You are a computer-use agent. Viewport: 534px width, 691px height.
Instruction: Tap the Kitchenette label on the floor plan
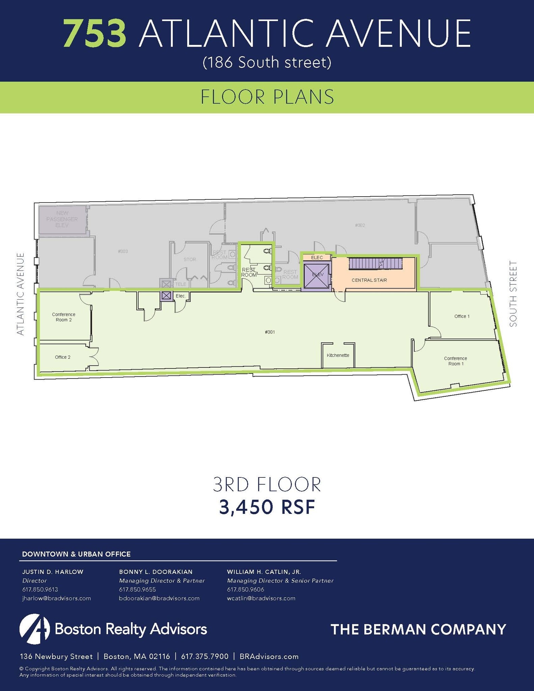tap(338, 355)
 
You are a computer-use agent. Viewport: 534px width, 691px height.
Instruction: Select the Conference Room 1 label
tap(455, 361)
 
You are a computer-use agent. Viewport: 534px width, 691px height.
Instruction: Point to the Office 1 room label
tap(462, 316)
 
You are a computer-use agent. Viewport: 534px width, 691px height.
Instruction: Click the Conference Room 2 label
tap(63, 317)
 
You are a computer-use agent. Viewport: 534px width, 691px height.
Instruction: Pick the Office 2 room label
tap(62, 357)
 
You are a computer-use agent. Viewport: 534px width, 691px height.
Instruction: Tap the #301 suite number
tap(270, 332)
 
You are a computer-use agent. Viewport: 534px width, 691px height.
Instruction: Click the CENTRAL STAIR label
tap(369, 280)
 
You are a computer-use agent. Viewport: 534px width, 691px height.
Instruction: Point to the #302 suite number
tap(360, 225)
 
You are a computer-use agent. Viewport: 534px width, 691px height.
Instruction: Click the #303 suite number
tap(123, 251)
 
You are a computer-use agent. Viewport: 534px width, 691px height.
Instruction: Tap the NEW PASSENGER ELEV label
tap(62, 219)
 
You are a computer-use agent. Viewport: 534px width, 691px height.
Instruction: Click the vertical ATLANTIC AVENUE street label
tap(21, 294)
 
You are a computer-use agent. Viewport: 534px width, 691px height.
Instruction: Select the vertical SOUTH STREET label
tap(513, 294)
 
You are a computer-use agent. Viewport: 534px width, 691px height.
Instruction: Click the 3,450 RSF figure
tap(267, 507)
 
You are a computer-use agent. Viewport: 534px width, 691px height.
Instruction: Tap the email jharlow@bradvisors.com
tap(56, 598)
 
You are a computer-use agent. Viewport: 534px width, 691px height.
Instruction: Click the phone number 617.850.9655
tap(137, 589)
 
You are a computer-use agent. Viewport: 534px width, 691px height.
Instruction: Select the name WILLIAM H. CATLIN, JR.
tap(264, 572)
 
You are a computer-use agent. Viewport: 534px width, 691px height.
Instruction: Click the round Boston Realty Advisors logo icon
tap(34, 629)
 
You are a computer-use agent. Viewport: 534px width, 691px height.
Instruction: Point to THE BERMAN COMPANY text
tap(418, 629)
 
